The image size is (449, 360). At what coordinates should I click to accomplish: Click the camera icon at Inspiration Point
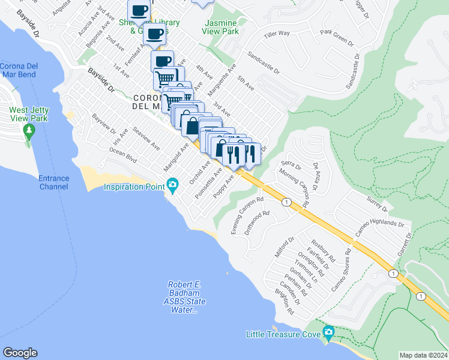click(173, 184)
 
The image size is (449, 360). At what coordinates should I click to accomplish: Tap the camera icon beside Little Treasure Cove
click(328, 332)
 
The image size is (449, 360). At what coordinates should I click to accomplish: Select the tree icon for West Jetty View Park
click(28, 131)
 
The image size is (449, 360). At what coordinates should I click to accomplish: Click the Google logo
click(20, 353)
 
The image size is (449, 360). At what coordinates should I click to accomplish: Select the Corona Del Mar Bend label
click(18, 70)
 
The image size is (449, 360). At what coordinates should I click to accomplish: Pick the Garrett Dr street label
click(409, 242)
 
